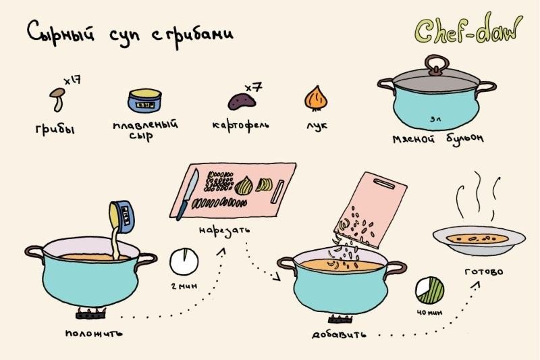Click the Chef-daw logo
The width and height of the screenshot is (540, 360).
click(468, 30)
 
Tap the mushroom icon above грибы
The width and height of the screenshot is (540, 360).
click(57, 99)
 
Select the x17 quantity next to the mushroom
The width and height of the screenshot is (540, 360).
click(72, 80)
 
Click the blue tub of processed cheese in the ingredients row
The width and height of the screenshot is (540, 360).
click(144, 101)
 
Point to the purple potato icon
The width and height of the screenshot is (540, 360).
click(242, 101)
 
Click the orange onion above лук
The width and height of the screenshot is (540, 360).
click(316, 99)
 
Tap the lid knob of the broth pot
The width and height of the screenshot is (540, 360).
click(437, 65)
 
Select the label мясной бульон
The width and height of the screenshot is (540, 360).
click(438, 138)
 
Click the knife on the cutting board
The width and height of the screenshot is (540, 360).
click(188, 194)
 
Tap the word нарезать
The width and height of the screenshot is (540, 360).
click(224, 230)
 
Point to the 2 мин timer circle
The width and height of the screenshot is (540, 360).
click(184, 261)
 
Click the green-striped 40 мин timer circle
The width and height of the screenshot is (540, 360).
click(429, 290)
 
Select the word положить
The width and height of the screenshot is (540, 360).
click(94, 333)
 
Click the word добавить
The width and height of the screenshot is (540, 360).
click(339, 334)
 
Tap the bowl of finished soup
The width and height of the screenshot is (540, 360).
click(479, 240)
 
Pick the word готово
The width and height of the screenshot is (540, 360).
click(484, 272)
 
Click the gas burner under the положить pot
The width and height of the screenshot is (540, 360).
click(91, 313)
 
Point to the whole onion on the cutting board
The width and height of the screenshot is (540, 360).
click(244, 185)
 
